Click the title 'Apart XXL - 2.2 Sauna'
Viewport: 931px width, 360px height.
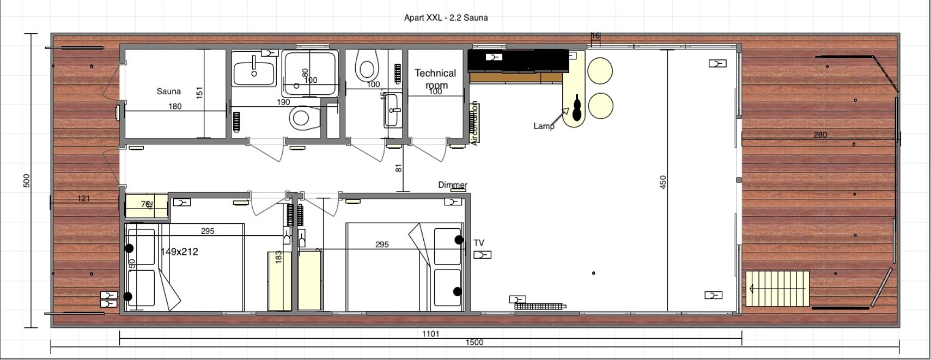[x=446, y=17]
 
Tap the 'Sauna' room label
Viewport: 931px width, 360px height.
[x=168, y=91]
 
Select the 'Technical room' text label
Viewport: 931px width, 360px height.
[x=435, y=78]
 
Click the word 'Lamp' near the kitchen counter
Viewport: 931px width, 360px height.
[x=543, y=126]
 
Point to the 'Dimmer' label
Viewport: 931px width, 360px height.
[x=453, y=185]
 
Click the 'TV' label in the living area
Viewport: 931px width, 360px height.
[x=479, y=243]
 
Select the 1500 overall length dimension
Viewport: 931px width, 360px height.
[x=474, y=343]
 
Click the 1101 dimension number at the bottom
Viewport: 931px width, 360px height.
[x=430, y=334]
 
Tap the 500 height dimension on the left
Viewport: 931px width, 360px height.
[x=27, y=181]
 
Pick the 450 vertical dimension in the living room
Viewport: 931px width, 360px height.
[x=663, y=182]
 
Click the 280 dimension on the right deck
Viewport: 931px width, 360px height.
[x=820, y=135]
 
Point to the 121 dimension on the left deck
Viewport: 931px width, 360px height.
[x=83, y=198]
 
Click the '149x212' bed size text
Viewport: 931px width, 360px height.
[x=179, y=252]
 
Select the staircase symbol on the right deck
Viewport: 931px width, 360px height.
[x=777, y=288]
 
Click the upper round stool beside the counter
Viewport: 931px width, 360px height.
[x=600, y=70]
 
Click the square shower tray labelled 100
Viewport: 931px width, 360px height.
[x=310, y=74]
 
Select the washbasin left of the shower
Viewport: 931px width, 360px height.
[x=254, y=73]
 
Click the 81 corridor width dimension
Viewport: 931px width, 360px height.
[x=399, y=168]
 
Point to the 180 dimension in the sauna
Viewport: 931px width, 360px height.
[x=175, y=106]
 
